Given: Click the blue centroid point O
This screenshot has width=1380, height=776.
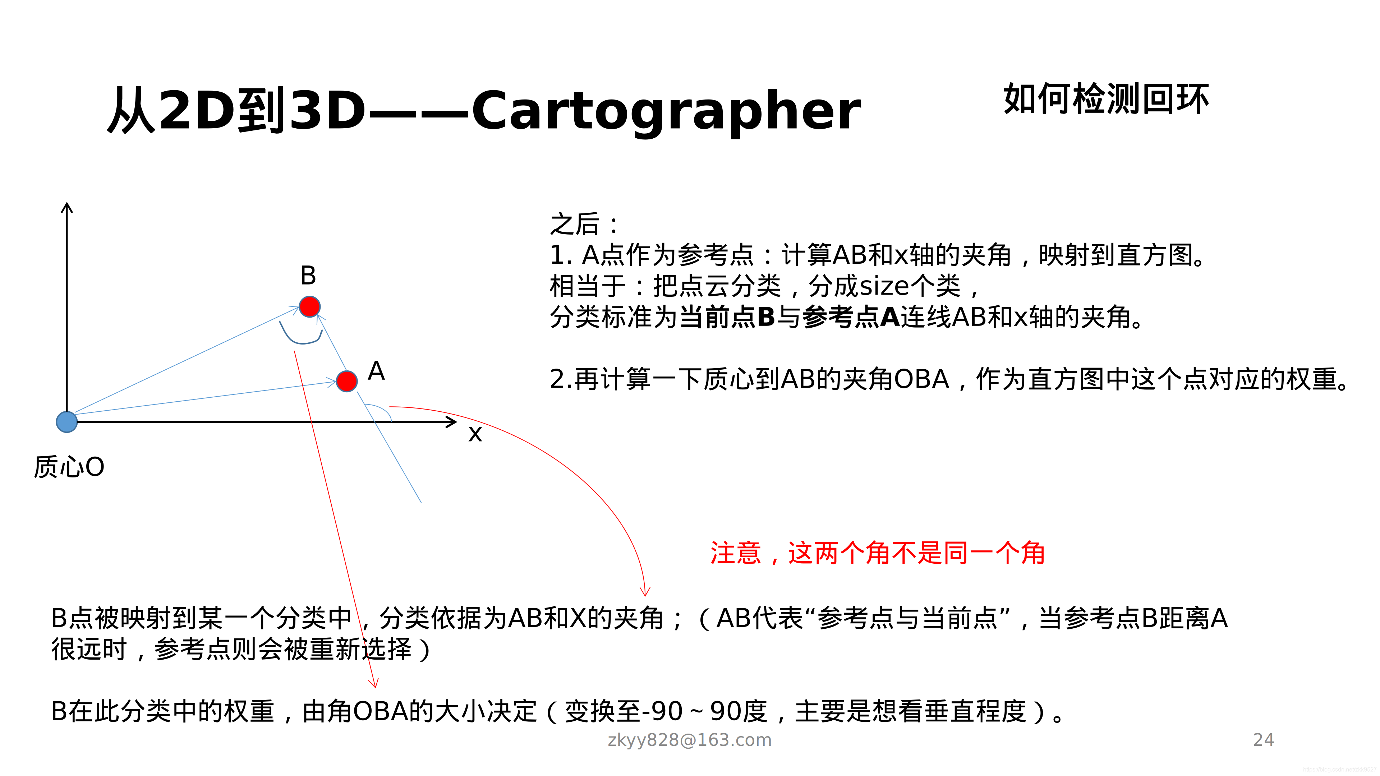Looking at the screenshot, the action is pos(67,422).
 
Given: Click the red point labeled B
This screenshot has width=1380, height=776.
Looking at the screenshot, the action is pos(310,306).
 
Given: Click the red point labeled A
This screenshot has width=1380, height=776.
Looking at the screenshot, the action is pos(346,381).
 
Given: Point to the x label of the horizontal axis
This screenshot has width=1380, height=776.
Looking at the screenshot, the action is pos(475,434).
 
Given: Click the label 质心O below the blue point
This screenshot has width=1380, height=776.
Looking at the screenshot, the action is pos(69,467).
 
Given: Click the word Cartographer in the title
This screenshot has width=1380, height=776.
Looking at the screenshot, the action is pos(666,111).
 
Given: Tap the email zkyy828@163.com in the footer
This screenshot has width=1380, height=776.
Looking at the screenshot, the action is pos(690,740).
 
